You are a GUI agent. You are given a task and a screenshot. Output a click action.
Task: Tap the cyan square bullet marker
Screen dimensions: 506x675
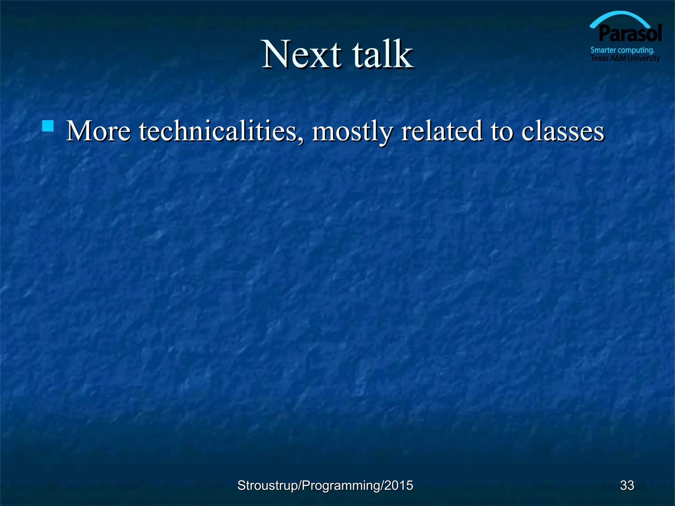[x=48, y=126]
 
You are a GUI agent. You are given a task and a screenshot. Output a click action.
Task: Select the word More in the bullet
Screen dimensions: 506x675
[x=98, y=131]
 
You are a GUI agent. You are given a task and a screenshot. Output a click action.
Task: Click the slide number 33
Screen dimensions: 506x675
[x=627, y=485]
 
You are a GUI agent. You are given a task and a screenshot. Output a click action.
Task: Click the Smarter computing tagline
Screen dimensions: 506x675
[x=622, y=50]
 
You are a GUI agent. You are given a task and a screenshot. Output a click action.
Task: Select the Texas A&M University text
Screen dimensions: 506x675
[x=625, y=58]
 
